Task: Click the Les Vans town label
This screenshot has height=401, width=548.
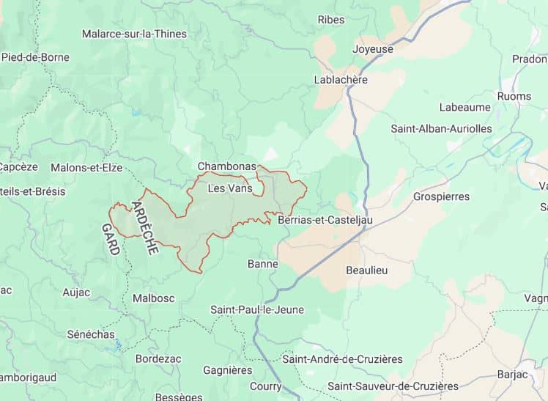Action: click(230, 188)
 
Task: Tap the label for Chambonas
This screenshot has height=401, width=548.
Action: click(227, 167)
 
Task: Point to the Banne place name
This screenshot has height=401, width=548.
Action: click(263, 264)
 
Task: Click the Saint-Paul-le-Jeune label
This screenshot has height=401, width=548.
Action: click(257, 309)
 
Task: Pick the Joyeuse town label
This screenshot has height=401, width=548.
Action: click(373, 49)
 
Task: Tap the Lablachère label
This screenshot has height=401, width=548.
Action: click(340, 79)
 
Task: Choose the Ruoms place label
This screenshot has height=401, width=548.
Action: click(514, 96)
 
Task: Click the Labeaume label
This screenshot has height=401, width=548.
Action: click(464, 107)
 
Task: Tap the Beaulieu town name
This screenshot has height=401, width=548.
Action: click(367, 270)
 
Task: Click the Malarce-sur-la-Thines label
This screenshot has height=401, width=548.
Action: click(134, 34)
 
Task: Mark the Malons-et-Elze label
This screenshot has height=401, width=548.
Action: click(86, 167)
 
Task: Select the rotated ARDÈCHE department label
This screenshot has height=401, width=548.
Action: click(144, 227)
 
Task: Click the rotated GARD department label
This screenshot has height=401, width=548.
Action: click(111, 239)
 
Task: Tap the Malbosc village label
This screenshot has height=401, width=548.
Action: click(154, 298)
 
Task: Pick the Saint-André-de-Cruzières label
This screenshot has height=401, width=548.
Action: click(343, 358)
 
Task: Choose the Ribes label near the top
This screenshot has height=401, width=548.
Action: click(331, 20)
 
